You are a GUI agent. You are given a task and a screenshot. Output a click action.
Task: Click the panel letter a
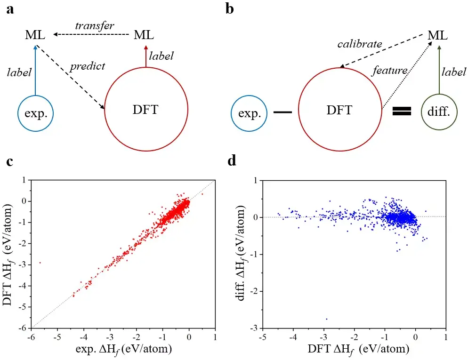[10, 9]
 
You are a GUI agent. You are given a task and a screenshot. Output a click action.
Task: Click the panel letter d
[232, 161]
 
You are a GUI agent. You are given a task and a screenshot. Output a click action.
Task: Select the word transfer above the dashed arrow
[94, 25]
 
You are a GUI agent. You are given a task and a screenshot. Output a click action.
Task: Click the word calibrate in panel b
[360, 45]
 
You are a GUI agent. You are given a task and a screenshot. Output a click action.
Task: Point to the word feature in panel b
[389, 71]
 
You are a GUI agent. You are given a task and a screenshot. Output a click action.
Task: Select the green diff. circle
[438, 112]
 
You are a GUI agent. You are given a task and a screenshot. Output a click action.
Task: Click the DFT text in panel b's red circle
[339, 111]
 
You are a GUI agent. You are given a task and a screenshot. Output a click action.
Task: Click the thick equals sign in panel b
[402, 111]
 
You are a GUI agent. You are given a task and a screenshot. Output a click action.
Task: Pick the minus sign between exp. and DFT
[283, 112]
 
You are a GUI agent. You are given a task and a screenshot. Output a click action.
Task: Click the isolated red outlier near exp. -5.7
[40, 263]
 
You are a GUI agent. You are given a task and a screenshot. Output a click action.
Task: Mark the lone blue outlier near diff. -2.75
[326, 319]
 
